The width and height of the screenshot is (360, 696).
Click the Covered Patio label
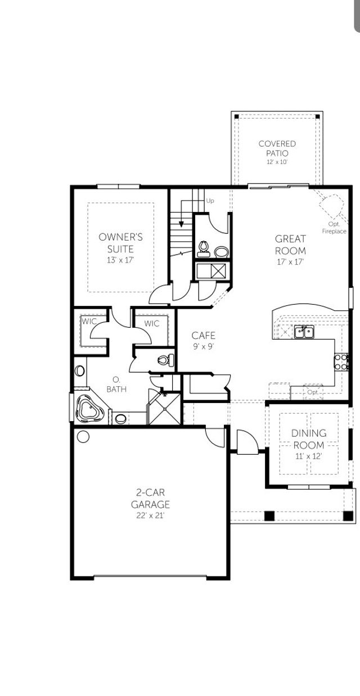pos(277,148)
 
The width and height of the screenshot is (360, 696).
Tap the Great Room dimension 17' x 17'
pos(290,262)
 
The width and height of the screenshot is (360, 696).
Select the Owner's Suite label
pos(120,242)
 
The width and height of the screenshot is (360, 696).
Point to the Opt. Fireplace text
pos(334,228)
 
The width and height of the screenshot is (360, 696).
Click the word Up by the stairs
pos(210,201)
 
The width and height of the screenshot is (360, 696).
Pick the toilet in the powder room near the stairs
pos(204,247)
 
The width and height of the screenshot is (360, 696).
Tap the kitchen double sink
pos(304,332)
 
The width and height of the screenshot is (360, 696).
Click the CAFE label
pos(204,336)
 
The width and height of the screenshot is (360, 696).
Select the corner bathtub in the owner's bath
pos(87,409)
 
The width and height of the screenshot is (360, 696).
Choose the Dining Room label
pos(308,439)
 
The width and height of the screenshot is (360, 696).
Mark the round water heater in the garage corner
pos(83,436)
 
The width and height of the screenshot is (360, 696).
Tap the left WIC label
pos(89,322)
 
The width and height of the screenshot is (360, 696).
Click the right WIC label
pos(152,323)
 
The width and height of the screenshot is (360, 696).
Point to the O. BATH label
pos(116,383)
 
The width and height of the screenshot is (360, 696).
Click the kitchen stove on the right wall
pos(342,361)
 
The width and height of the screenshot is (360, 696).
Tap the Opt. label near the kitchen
pos(313,391)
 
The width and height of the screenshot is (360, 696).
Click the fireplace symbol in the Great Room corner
pos(330,204)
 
